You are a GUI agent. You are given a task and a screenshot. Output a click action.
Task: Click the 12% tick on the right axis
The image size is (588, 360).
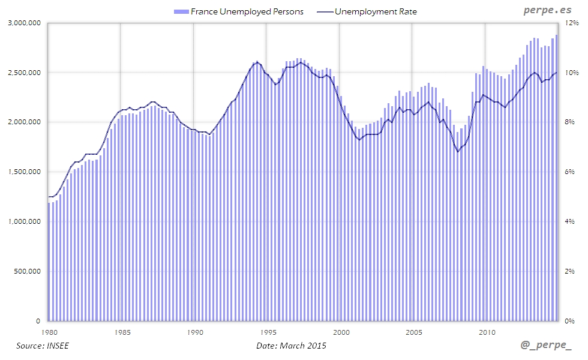[x=572, y=23]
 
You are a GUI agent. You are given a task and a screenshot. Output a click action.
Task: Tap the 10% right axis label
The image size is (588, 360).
[x=572, y=73]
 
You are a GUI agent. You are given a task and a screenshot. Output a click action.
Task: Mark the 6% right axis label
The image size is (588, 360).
[x=570, y=172]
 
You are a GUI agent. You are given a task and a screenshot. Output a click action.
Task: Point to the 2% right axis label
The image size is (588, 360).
[x=570, y=271]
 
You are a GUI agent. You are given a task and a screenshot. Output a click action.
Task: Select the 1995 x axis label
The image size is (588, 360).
[x=267, y=332]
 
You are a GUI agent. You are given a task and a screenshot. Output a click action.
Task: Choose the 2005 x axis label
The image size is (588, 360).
[x=414, y=332]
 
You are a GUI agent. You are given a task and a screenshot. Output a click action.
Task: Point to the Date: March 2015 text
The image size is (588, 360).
[x=292, y=346]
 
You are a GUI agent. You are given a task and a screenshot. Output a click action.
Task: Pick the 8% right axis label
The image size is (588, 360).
[x=570, y=122]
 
